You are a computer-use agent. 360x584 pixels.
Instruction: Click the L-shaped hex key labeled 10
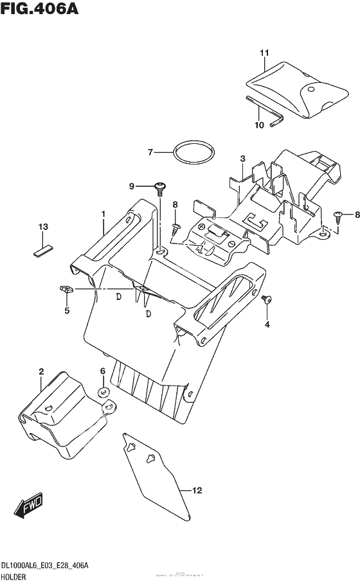click(264, 111)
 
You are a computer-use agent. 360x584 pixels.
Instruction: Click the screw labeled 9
click(160, 188)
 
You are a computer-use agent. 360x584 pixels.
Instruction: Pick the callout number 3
click(242, 158)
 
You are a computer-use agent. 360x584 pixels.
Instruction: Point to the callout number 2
click(41, 371)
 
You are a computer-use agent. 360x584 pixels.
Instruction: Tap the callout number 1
click(102, 213)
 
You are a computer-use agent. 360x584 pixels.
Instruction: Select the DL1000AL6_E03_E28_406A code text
click(48, 564)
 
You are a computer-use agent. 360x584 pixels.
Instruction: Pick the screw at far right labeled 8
click(338, 217)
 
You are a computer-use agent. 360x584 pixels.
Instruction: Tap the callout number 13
click(43, 227)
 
